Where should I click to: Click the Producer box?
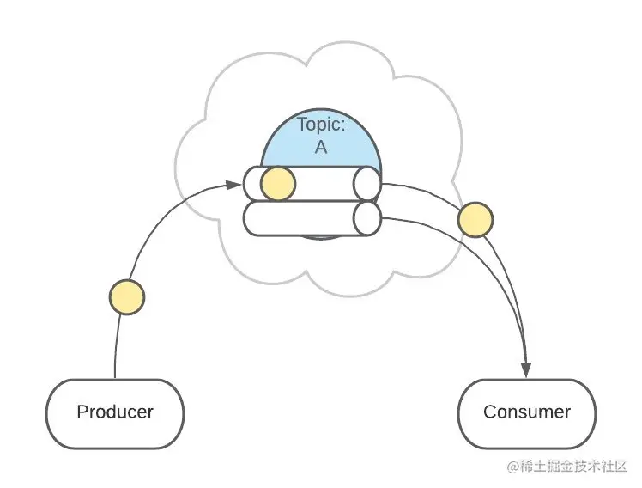click(115, 412)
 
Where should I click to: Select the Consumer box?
click(527, 412)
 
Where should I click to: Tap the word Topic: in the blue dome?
click(321, 125)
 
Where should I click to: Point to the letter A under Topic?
click(321, 147)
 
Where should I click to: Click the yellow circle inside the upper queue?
click(277, 183)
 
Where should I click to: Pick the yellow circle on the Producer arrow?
click(127, 297)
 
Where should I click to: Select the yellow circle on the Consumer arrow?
click(475, 220)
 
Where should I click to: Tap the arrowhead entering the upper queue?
click(235, 183)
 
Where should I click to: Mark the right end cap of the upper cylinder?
click(367, 183)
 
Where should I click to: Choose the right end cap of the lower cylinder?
click(367, 218)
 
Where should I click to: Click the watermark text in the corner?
click(567, 467)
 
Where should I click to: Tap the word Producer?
click(115, 412)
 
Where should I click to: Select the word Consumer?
click(527, 412)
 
